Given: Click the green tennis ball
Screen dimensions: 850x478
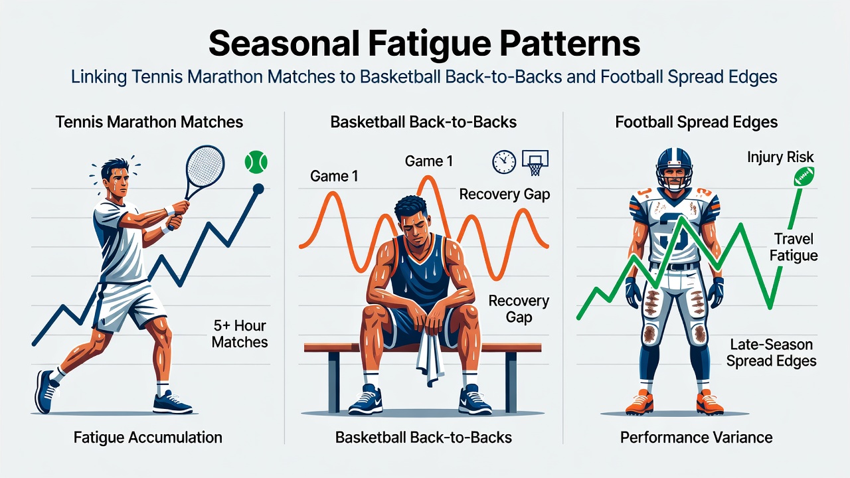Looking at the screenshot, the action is click(x=256, y=162).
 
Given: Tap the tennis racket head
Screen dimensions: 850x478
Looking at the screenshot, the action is click(x=205, y=166).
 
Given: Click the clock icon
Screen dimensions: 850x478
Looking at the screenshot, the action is click(x=504, y=162).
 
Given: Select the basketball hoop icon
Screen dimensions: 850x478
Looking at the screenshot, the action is click(x=535, y=163).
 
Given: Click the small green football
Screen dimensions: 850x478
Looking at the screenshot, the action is click(x=804, y=177).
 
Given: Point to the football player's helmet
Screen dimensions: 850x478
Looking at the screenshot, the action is click(x=674, y=169).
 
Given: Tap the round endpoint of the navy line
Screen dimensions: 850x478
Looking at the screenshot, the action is click(x=258, y=189).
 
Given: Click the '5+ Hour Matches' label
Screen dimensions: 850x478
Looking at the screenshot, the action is click(x=240, y=334).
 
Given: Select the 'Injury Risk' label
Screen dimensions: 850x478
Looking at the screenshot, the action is click(x=780, y=157).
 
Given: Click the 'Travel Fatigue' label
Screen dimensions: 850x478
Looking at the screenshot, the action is click(x=794, y=247).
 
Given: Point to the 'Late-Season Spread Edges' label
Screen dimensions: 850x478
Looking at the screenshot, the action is click(x=772, y=353).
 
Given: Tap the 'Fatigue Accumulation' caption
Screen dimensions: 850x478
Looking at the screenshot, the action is click(x=148, y=438).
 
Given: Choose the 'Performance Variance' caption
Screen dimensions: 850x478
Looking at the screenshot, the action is click(x=697, y=438).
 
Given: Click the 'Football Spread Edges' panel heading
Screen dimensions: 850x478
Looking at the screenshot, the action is click(x=697, y=122).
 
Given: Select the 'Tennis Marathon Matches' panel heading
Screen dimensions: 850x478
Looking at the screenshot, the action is click(x=149, y=122).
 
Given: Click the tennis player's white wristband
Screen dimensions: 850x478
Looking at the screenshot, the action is click(x=169, y=210).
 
